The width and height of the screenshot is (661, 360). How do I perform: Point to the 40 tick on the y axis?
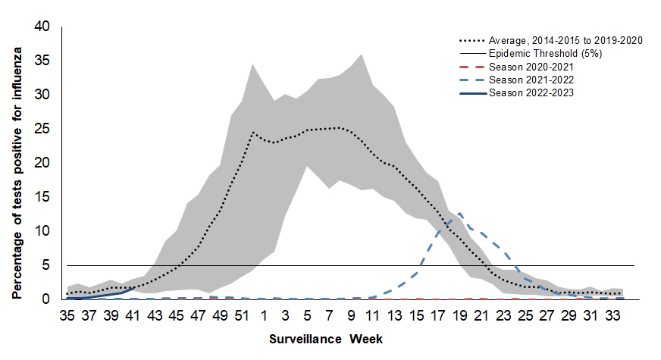pyautogui.click(x=42, y=27)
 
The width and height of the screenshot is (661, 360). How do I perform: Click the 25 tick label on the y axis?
pyautogui.click(x=42, y=129)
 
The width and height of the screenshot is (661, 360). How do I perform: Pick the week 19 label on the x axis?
pyautogui.click(x=437, y=315)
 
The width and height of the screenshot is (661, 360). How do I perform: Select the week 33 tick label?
pyautogui.click(x=611, y=315)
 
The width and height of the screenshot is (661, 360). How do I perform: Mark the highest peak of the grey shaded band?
pyautogui.click(x=361, y=54)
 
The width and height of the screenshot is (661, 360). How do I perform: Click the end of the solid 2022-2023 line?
pyautogui.click(x=134, y=287)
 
